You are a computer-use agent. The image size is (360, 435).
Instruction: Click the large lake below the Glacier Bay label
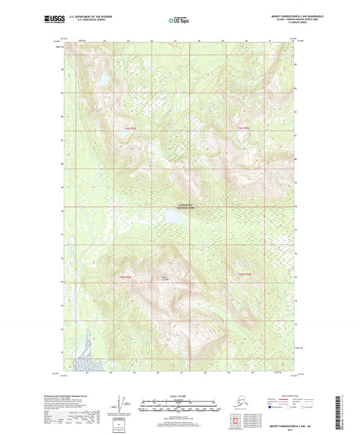click(174, 219)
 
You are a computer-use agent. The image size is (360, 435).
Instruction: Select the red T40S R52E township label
click(245, 274)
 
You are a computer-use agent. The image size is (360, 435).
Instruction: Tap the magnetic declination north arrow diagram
click(121, 406)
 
